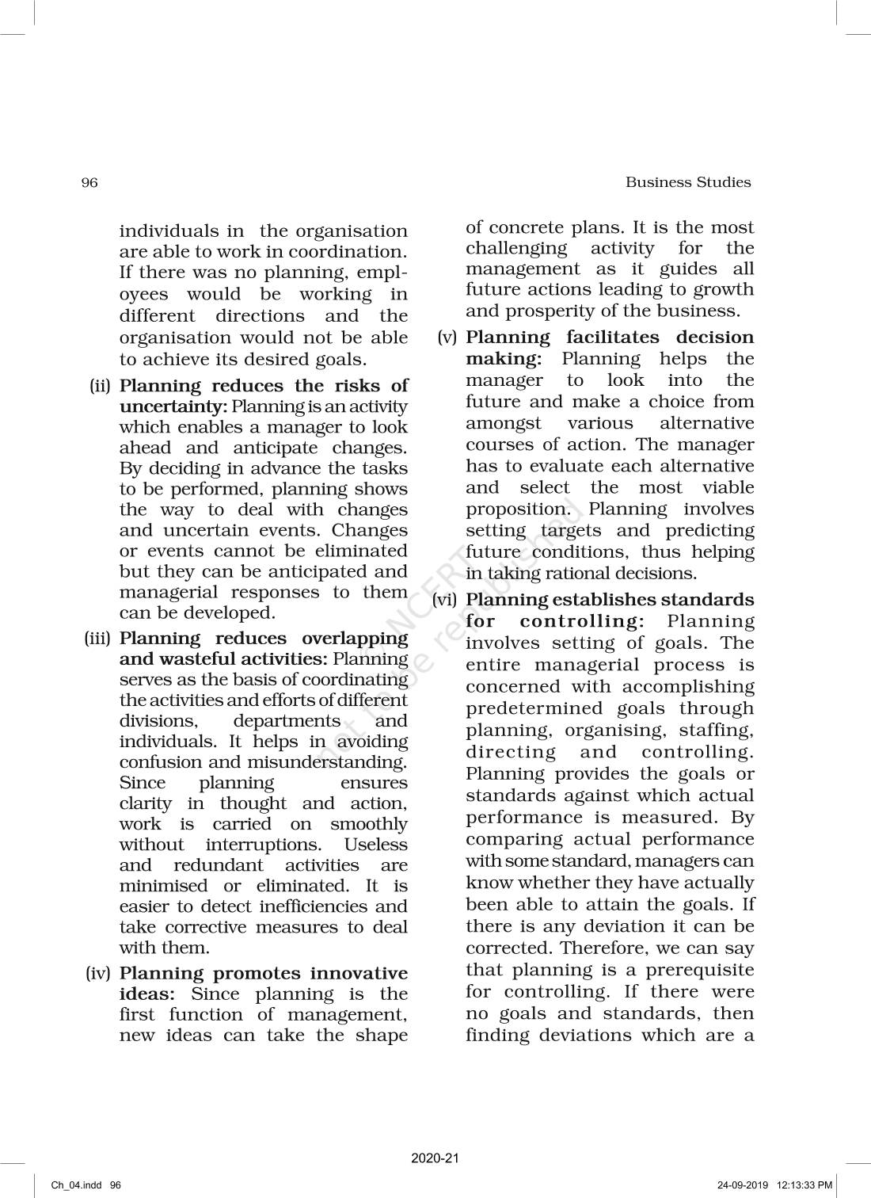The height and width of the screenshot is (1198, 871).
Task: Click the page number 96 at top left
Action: [89, 183]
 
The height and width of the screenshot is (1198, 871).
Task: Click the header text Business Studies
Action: [688, 182]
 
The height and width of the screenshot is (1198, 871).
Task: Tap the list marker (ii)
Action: [101, 387]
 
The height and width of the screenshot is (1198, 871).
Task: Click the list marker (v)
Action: [447, 338]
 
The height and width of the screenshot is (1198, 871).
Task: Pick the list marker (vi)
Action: [445, 601]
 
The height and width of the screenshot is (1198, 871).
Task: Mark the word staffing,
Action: [714, 731]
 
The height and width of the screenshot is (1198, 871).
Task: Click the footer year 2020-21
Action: [435, 1158]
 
